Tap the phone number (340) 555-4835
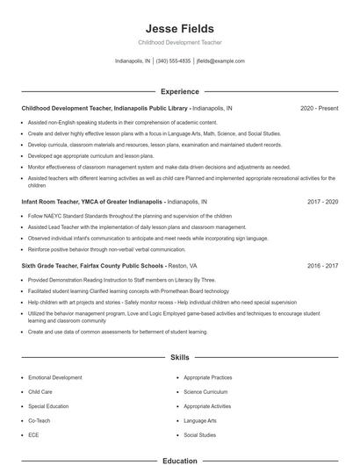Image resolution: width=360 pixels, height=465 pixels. (x=174, y=61)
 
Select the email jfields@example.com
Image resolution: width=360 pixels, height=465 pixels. (x=220, y=61)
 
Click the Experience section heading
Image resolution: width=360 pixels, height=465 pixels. (x=179, y=90)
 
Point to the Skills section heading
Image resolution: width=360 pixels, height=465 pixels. (x=179, y=358)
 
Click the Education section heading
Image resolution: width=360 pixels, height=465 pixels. (x=179, y=460)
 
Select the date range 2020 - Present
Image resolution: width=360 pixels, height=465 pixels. (x=319, y=108)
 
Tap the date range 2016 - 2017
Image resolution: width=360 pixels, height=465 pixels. (x=322, y=264)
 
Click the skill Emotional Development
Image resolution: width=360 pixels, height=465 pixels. (x=55, y=377)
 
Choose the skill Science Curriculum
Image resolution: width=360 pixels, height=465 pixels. (x=206, y=391)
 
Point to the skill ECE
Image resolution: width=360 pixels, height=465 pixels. (x=33, y=434)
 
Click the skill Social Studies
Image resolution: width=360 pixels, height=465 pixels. (x=199, y=434)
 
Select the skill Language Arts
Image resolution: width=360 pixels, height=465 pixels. (x=200, y=420)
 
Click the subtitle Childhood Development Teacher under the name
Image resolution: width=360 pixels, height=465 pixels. (x=179, y=42)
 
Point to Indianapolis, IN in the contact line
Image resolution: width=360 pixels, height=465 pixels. (x=133, y=61)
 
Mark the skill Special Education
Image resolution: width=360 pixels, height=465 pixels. (x=49, y=406)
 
